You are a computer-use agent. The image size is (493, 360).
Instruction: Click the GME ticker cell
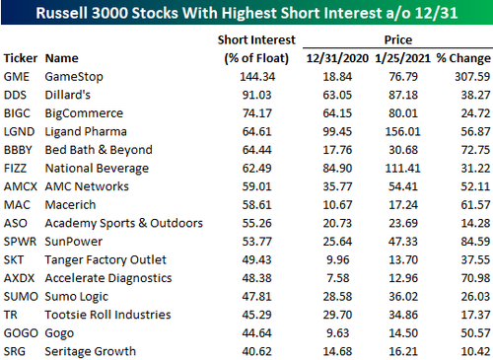[17, 77]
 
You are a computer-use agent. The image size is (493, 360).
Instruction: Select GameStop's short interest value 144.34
[257, 77]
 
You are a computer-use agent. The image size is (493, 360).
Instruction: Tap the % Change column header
[463, 58]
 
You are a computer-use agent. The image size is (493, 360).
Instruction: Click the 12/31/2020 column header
[337, 58]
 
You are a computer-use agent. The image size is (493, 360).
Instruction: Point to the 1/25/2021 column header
[402, 58]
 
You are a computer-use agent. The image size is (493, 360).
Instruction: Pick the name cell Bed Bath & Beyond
[99, 150]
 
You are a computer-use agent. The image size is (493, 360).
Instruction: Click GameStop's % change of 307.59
[472, 77]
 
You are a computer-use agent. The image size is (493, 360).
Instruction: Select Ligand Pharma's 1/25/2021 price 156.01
[403, 131]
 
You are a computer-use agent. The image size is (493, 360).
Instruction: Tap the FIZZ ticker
[15, 168]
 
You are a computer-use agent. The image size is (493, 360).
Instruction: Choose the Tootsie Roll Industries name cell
[107, 315]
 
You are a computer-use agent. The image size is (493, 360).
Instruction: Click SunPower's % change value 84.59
[475, 242]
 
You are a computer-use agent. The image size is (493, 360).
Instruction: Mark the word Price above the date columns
[398, 39]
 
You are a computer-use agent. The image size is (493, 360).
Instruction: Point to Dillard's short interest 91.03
[257, 95]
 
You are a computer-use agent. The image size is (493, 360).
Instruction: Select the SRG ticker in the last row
[15, 351]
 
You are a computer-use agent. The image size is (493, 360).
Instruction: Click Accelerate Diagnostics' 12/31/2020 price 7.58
[338, 278]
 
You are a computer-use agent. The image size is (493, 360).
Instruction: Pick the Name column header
[62, 58]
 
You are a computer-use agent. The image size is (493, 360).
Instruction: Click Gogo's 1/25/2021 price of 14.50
[403, 333]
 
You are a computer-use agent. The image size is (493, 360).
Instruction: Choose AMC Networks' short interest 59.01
[257, 186]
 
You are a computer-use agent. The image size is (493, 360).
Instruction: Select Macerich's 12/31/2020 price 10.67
[337, 205]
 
